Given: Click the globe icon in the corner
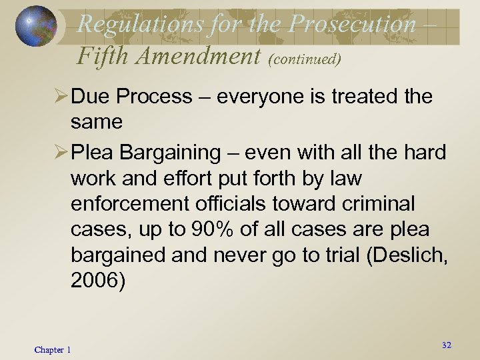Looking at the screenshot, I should [x=36, y=27].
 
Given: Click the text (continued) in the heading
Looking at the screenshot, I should [x=304, y=59].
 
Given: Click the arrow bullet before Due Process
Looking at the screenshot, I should [x=58, y=97].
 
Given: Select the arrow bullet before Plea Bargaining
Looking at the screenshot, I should [x=58, y=153].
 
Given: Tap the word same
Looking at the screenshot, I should [x=96, y=122].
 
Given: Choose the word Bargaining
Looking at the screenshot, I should [x=167, y=153].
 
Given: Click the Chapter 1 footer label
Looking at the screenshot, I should [x=53, y=350].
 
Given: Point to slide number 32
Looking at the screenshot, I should [x=446, y=345].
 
